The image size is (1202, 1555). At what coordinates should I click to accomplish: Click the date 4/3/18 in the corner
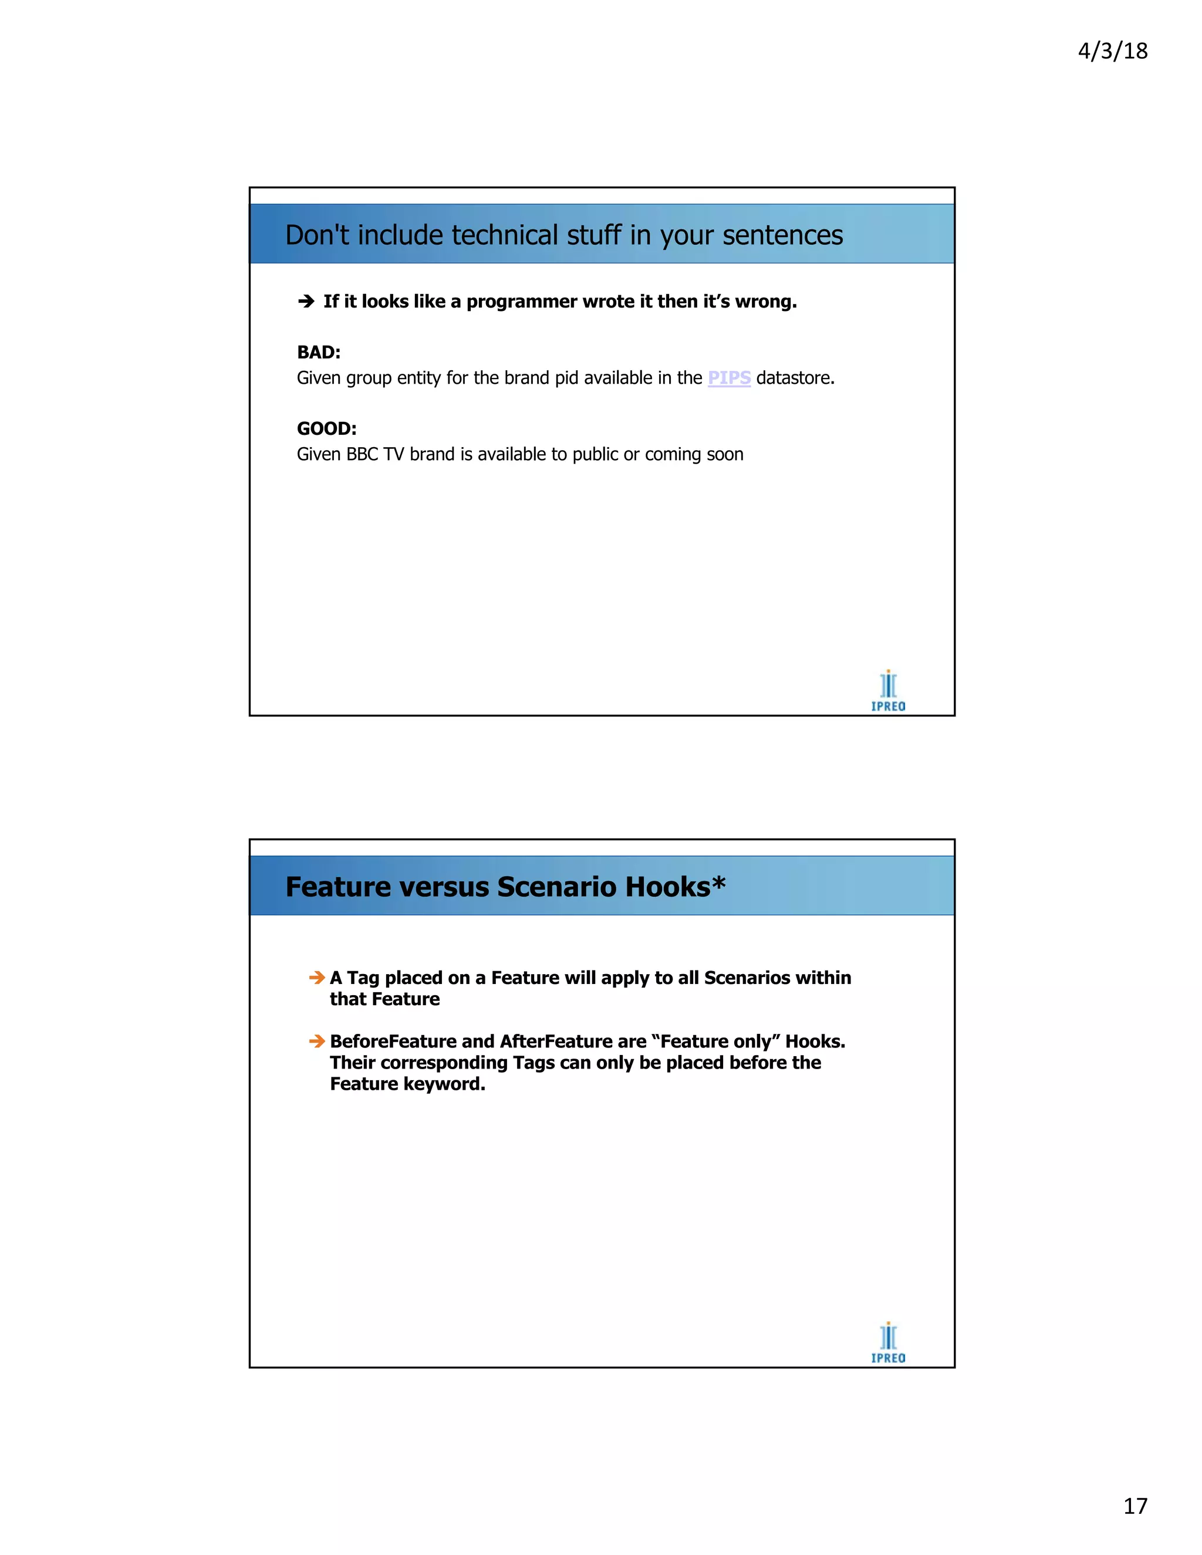click(1112, 51)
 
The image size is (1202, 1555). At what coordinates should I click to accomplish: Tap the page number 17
click(1135, 1506)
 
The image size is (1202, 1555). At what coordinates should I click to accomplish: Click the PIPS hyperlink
click(728, 378)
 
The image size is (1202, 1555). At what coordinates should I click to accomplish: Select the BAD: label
click(318, 353)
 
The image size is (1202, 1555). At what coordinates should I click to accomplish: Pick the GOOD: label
click(326, 428)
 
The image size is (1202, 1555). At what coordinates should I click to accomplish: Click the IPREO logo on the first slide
click(888, 690)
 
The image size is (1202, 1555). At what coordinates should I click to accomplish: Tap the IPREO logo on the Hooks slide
click(888, 1342)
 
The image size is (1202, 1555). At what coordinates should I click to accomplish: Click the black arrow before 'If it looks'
click(306, 302)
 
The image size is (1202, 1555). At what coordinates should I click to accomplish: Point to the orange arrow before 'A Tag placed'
click(317, 978)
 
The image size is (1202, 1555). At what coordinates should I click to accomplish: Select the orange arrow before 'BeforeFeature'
click(317, 1042)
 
